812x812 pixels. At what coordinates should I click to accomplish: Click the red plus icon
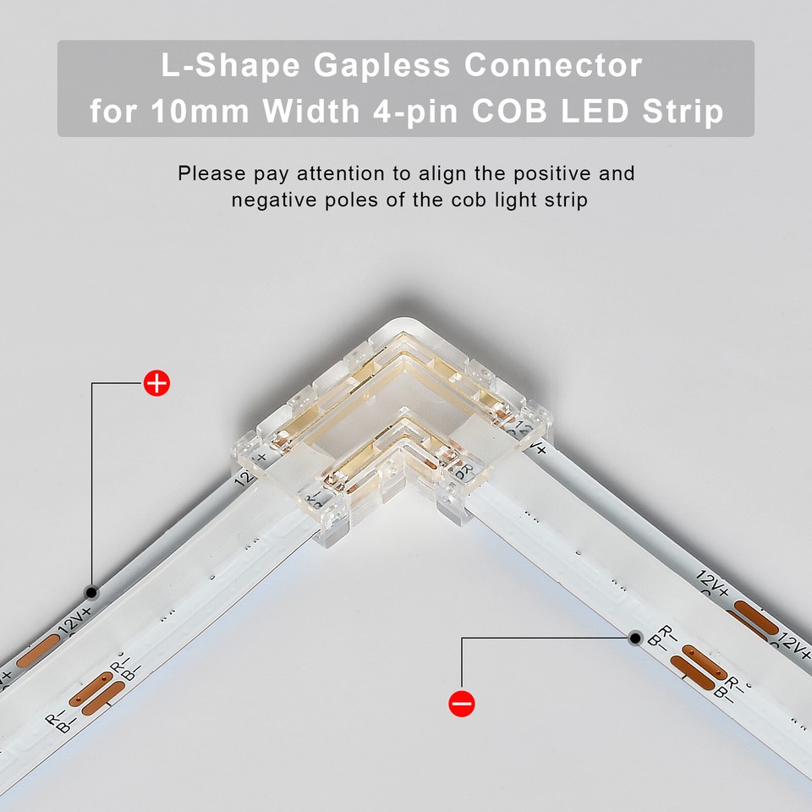pos(156,383)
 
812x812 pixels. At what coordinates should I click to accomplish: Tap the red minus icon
pos(462,703)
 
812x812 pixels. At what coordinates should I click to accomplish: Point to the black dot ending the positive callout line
pos(92,591)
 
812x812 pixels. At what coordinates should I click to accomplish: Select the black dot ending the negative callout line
pos(635,638)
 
